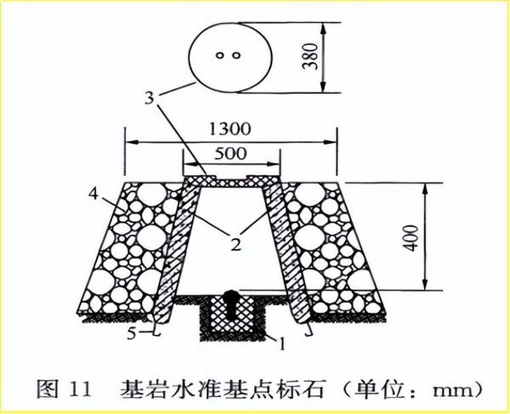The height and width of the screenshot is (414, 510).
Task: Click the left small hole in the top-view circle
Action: pos(220,56)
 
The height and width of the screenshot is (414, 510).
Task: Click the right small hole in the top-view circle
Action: pos(239,56)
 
